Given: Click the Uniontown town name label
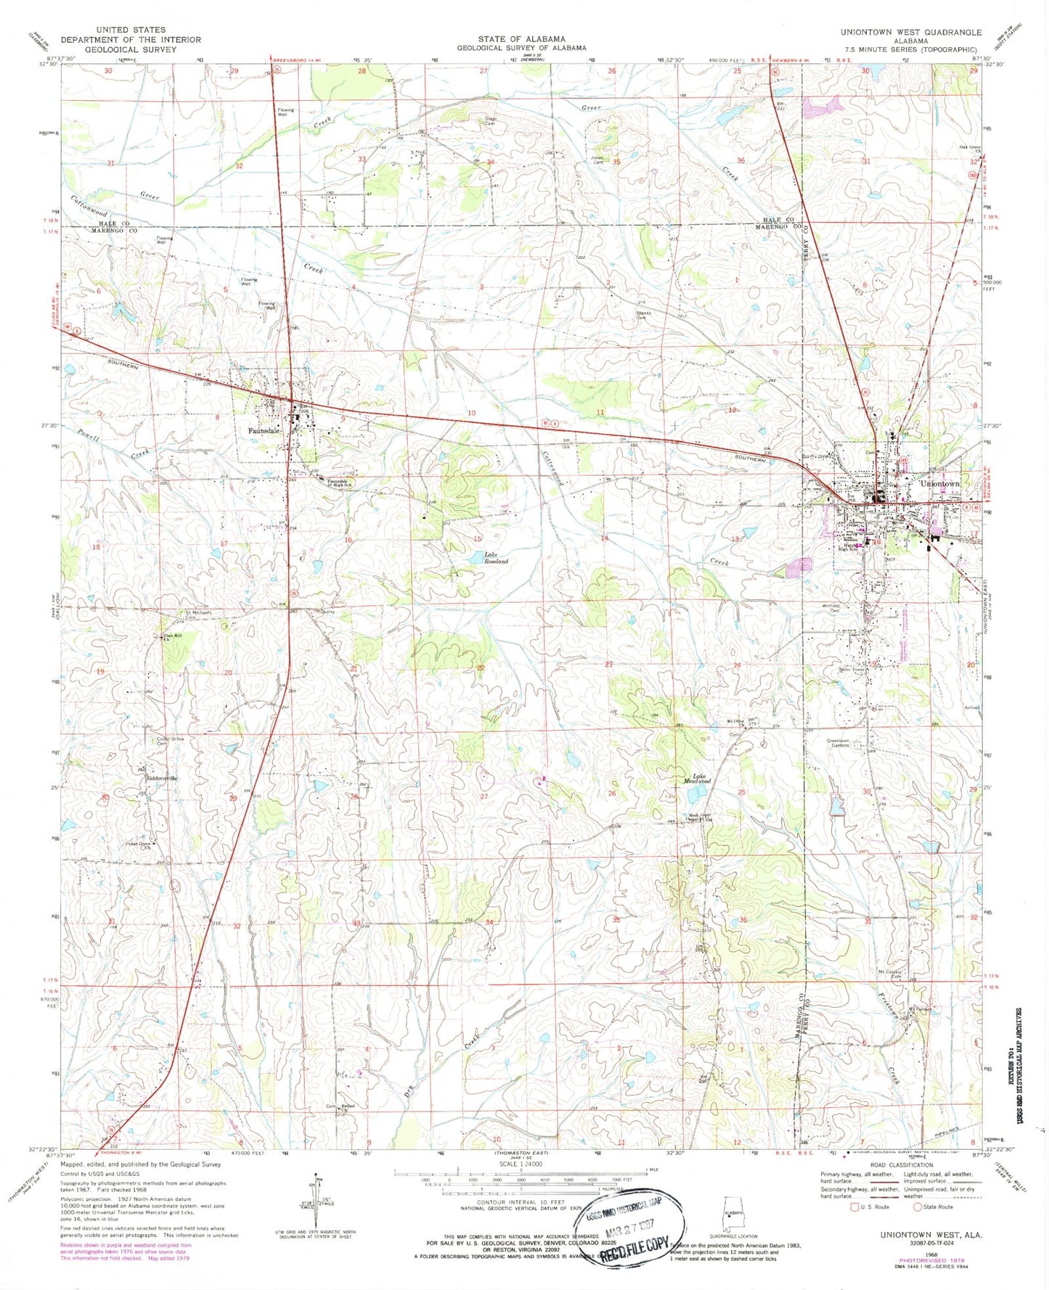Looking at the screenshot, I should tap(939, 483).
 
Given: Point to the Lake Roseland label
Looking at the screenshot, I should tap(496, 558).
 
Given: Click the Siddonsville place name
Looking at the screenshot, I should tap(161, 778).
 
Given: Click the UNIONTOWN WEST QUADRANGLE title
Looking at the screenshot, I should tap(910, 33).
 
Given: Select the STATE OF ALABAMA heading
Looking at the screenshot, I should tap(521, 39).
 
